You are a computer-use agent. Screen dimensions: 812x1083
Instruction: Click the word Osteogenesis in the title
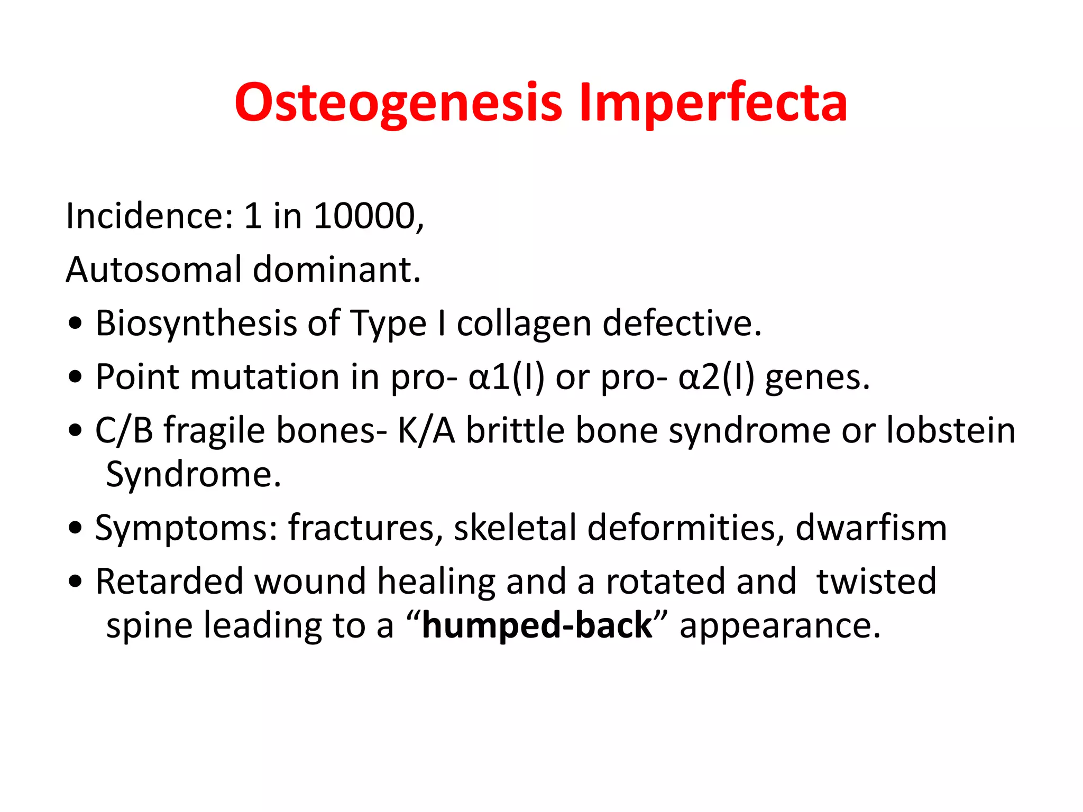click(398, 103)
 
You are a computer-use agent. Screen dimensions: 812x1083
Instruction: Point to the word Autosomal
click(153, 270)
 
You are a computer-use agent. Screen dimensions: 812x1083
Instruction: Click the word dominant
click(336, 270)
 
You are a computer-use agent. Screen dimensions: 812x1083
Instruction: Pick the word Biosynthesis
click(196, 324)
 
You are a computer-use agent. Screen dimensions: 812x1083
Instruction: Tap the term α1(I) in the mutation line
click(506, 377)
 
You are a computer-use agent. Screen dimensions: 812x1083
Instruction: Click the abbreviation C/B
click(124, 430)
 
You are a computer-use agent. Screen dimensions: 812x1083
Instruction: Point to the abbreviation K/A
click(426, 430)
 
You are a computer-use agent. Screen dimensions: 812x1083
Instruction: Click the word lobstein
click(950, 430)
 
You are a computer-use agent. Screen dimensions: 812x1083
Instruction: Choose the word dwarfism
click(871, 528)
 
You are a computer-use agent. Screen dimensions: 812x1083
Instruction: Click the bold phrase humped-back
click(537, 625)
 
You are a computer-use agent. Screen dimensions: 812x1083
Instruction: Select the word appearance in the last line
click(779, 625)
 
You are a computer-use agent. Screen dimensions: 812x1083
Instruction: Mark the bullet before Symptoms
click(76, 528)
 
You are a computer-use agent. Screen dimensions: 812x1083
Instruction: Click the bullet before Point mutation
click(76, 377)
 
